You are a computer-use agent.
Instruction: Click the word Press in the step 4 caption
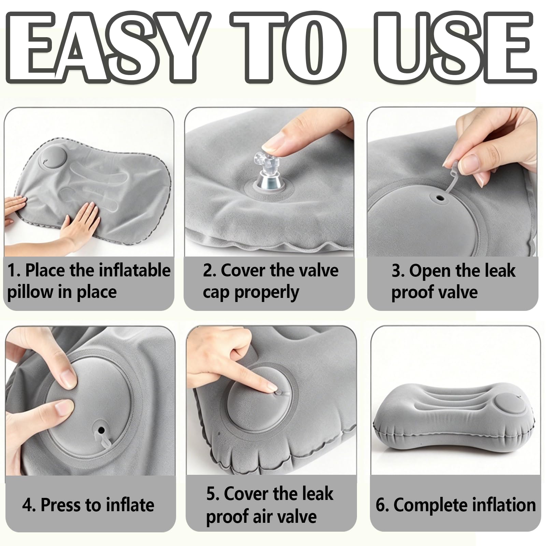tap(61, 505)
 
